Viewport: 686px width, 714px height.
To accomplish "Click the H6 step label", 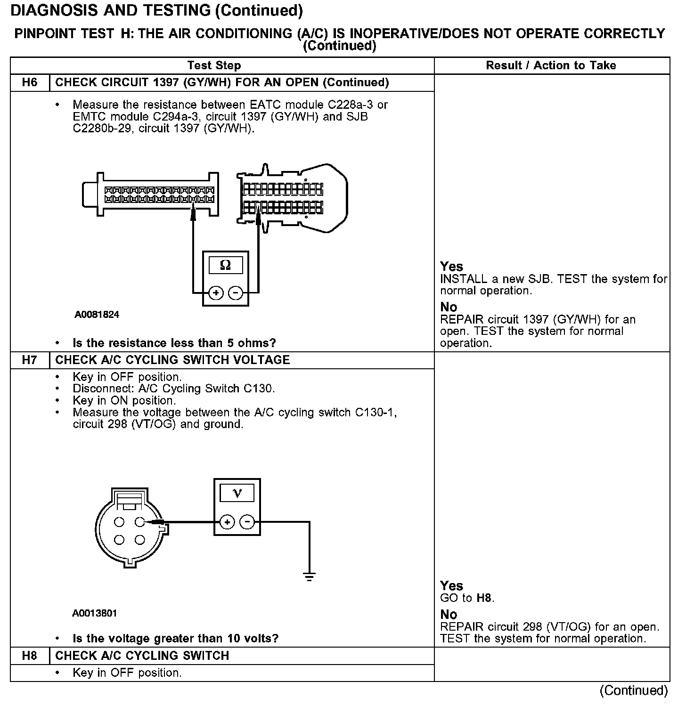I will (x=29, y=83).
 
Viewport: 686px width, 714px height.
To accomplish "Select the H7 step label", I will (x=29, y=360).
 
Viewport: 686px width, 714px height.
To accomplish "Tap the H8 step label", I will (x=29, y=656).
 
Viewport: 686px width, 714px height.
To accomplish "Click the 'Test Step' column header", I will (x=214, y=65).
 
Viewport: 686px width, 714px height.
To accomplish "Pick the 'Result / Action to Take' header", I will (x=551, y=65).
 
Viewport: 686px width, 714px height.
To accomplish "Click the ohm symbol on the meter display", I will (x=226, y=266).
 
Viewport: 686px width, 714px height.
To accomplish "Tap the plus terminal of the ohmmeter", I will (x=216, y=293).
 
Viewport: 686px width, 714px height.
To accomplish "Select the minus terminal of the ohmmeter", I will (x=235, y=293).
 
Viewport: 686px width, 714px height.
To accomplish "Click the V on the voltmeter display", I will (x=237, y=493).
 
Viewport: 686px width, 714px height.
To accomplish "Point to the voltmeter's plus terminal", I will (x=227, y=522).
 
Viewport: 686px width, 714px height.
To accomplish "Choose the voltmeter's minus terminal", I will (x=247, y=522).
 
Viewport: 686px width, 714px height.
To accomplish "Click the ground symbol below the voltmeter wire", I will (x=309, y=576).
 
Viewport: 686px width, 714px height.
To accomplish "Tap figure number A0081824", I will (x=97, y=315).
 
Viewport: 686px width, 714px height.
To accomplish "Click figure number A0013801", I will (x=95, y=613).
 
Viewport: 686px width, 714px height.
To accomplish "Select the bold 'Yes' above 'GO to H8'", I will (x=451, y=586).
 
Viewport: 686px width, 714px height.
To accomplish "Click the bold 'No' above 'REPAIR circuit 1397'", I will (x=449, y=307).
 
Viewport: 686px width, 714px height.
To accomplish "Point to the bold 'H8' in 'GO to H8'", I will (x=484, y=598).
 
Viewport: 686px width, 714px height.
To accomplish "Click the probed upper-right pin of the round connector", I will (x=139, y=522).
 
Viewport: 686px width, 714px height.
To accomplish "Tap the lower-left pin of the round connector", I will (x=119, y=540).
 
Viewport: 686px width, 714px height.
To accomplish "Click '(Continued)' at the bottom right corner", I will (x=634, y=690).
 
